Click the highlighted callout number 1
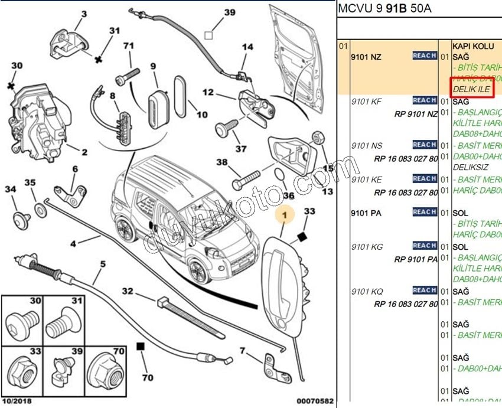(x=285, y=217)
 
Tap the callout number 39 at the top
(x=229, y=12)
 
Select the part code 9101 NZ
(x=367, y=57)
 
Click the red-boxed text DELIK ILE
(x=471, y=89)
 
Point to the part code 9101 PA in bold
(x=366, y=213)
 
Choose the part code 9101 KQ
(x=367, y=291)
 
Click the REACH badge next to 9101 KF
(x=425, y=100)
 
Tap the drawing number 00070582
(x=315, y=402)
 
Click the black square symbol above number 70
(x=141, y=347)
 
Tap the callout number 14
(x=247, y=47)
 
